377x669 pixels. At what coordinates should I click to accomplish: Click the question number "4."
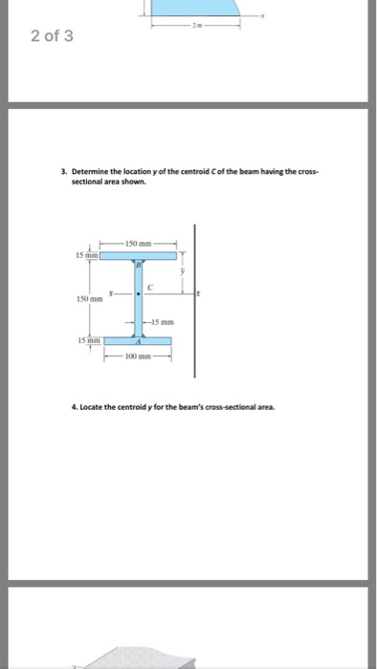(75, 406)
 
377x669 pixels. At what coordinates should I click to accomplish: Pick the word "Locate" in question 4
(92, 406)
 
